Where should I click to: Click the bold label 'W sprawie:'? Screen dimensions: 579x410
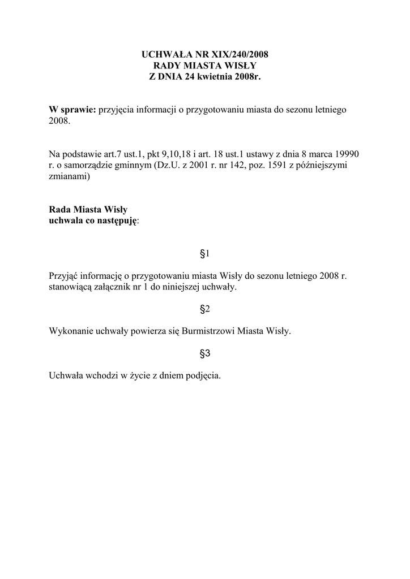[x=72, y=109]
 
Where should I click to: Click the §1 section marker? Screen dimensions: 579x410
[x=205, y=254]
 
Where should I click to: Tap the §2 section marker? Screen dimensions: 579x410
[x=205, y=309]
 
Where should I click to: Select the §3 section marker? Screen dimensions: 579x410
[x=205, y=353]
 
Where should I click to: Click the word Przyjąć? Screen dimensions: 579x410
[x=64, y=276]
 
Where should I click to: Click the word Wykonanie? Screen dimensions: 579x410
[x=70, y=331]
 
